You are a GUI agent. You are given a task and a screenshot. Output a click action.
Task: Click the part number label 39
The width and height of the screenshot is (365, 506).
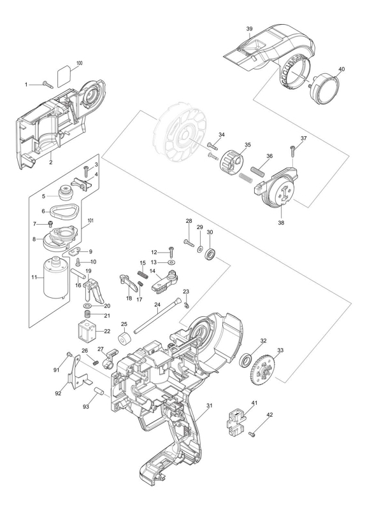tap(249, 29)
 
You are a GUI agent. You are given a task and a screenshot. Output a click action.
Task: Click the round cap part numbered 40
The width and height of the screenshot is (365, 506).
tap(324, 88)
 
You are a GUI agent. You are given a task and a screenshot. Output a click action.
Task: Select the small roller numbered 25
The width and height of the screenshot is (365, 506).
tap(124, 338)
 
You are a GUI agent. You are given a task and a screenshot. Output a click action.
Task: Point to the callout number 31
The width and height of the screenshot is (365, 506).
tap(210, 405)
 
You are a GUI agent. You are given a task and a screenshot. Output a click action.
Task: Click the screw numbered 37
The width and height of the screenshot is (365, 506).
tap(292, 151)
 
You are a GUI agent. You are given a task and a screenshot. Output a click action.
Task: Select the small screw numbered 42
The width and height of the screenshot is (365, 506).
tap(252, 434)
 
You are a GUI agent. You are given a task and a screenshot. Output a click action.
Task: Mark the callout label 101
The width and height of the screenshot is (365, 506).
tap(90, 221)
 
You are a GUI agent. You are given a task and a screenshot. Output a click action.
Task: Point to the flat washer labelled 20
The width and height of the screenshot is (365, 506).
tap(87, 306)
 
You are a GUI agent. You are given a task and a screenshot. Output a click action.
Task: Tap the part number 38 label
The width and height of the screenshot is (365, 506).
tap(281, 222)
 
